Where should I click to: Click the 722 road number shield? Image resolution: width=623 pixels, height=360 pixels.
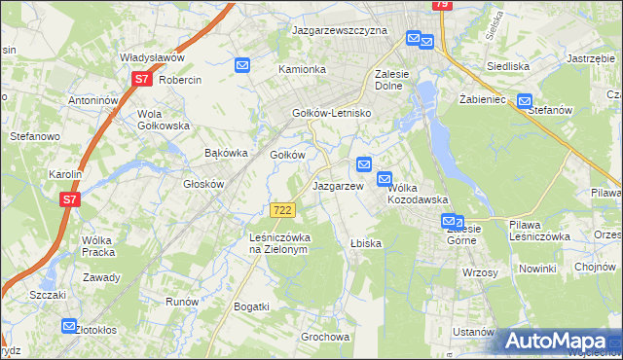pyautogui.click(x=282, y=210)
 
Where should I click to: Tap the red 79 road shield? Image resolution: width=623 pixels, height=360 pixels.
pyautogui.click(x=441, y=5)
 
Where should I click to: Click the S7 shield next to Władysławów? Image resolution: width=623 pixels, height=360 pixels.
pyautogui.click(x=142, y=79)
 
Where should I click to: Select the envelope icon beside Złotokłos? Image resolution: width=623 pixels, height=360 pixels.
pyautogui.click(x=69, y=327)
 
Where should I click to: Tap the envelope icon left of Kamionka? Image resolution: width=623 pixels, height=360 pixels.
pyautogui.click(x=242, y=65)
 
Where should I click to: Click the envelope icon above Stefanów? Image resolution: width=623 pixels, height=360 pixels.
pyautogui.click(x=526, y=99)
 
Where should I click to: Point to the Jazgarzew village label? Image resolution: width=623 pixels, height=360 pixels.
pyautogui.click(x=337, y=185)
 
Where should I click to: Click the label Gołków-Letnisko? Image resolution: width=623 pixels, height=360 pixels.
pyautogui.click(x=333, y=114)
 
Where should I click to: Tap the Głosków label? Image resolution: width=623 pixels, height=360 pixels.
pyautogui.click(x=204, y=183)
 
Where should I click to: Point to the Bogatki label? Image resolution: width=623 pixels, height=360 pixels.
pyautogui.click(x=251, y=306)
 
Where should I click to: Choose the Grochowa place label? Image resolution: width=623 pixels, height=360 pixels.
pyautogui.click(x=325, y=337)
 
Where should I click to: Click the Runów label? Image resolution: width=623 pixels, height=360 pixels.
pyautogui.click(x=182, y=302)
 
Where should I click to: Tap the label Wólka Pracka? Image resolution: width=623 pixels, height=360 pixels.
pyautogui.click(x=98, y=246)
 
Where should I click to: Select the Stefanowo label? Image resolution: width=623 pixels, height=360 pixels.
pyautogui.click(x=35, y=137)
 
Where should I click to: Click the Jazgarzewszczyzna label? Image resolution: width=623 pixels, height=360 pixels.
pyautogui.click(x=340, y=30)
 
